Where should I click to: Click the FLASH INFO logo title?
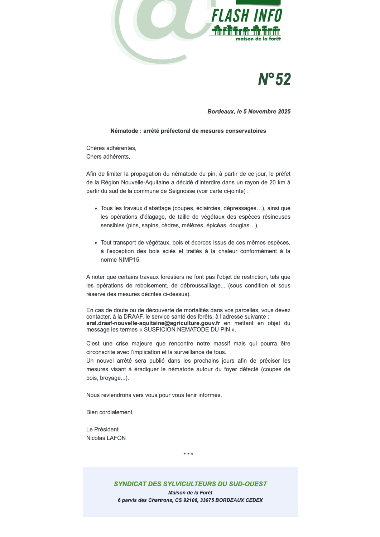click(247, 16)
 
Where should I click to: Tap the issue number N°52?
click(274, 79)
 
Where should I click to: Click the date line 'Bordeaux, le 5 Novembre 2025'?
click(249, 112)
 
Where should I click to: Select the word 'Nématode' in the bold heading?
click(124, 131)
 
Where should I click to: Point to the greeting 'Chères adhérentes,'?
click(111, 148)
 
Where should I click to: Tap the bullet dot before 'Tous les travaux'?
click(96, 209)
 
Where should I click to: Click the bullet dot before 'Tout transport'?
click(96, 243)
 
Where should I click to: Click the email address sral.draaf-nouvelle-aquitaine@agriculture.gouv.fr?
click(153, 323)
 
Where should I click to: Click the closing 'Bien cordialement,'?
click(110, 412)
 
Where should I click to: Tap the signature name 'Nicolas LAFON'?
click(106, 438)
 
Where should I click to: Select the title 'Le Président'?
click(102, 430)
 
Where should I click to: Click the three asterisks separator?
click(188, 454)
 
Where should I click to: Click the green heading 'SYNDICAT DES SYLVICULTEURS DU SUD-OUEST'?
click(190, 484)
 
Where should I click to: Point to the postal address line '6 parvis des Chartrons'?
click(190, 500)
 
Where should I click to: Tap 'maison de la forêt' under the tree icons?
click(258, 39)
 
